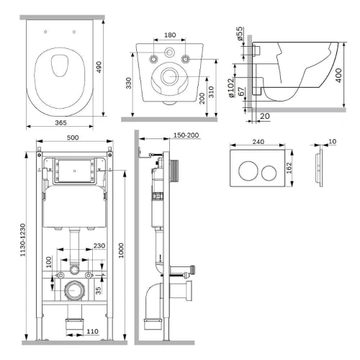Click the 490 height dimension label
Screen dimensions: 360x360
pyautogui.click(x=99, y=67)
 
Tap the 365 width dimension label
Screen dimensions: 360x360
pyautogui.click(x=60, y=122)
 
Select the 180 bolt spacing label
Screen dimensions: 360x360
pyautogui.click(x=170, y=35)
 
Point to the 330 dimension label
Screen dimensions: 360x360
pyautogui.click(x=129, y=83)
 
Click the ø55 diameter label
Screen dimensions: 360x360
pyautogui.click(x=240, y=34)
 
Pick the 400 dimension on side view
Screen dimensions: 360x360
pyautogui.click(x=338, y=76)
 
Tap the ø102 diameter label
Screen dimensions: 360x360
pyautogui.click(x=231, y=88)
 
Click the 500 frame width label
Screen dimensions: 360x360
pyautogui.click(x=73, y=138)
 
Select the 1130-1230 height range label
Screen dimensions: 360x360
pyautogui.click(x=22, y=240)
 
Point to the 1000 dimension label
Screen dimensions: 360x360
pyautogui.click(x=121, y=251)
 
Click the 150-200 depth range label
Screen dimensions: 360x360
pyautogui.click(x=186, y=135)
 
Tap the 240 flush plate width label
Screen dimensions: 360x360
pyautogui.click(x=258, y=142)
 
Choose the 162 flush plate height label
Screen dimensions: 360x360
pyautogui.click(x=289, y=168)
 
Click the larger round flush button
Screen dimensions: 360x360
pyautogui.click(x=248, y=171)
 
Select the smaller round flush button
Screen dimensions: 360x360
pyautogui.click(x=269, y=173)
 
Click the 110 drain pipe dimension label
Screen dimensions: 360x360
pyautogui.click(x=92, y=331)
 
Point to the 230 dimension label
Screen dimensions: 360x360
pyautogui.click(x=99, y=246)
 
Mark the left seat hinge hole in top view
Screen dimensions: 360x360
pyautogui.click(x=45, y=32)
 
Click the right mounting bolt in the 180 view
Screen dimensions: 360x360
pyautogui.click(x=185, y=58)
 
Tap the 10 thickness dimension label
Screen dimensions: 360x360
pyautogui.click(x=332, y=142)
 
